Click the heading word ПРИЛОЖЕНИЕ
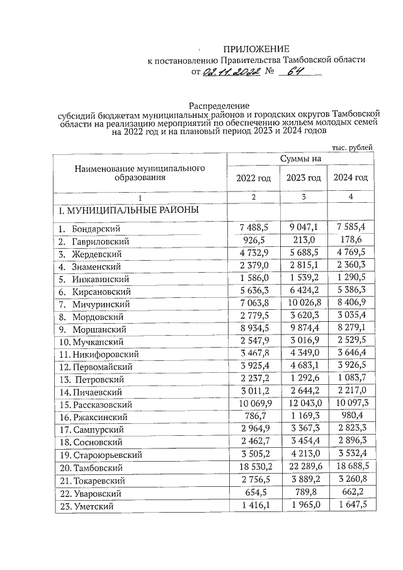pos(258,49)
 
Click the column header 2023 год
pos(305,178)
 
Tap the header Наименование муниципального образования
pos(140,173)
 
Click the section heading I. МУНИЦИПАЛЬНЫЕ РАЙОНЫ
pos(128,210)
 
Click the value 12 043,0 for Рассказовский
pos(304,404)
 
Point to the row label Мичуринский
pos(101,304)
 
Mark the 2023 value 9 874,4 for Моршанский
pos(304,329)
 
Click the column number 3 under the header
pos(304,197)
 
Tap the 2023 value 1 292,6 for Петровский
pos(304,379)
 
